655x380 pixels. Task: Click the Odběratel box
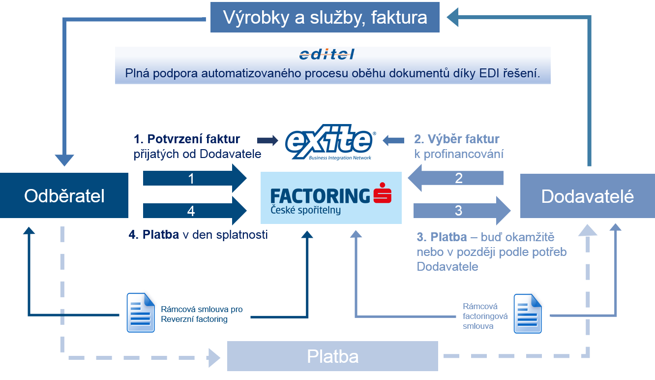tap(64, 196)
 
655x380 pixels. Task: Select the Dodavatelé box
tap(587, 196)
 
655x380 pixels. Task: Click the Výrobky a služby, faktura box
tap(325, 18)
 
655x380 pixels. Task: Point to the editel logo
tap(327, 54)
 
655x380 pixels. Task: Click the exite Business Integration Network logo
tap(330, 142)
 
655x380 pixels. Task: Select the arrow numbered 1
tap(194, 179)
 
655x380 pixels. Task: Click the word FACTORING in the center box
tap(320, 196)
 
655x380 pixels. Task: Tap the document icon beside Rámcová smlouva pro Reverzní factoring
tap(141, 312)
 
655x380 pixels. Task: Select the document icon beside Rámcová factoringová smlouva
tap(527, 314)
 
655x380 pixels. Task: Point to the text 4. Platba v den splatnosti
tap(198, 235)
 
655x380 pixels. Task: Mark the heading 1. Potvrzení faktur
tap(187, 139)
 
